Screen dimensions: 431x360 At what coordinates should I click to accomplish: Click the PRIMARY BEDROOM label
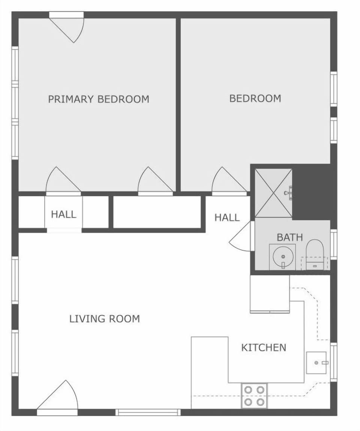point(99,99)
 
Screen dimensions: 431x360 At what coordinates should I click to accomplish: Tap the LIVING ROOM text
point(105,319)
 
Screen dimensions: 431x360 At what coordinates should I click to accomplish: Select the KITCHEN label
point(264,348)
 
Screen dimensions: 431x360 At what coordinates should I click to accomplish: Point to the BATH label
point(289,237)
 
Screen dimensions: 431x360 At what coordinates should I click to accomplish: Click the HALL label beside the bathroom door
point(227,217)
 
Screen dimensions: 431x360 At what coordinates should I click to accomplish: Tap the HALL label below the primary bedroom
point(63,215)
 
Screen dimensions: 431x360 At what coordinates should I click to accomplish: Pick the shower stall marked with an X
point(273,193)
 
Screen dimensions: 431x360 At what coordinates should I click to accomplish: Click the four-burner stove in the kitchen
point(254,395)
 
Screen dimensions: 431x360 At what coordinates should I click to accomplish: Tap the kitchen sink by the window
point(316,362)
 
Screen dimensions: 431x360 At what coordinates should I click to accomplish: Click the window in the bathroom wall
point(333,244)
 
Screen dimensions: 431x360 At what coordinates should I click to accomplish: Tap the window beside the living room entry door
point(148,412)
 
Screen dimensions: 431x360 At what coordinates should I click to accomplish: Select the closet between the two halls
point(157,212)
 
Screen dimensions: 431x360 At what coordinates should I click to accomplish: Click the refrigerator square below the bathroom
point(270,293)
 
